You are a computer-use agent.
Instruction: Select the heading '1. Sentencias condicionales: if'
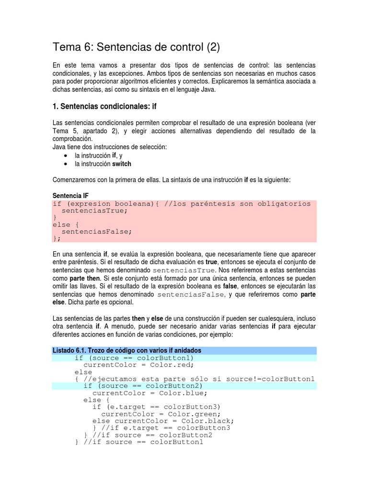(x=104, y=106)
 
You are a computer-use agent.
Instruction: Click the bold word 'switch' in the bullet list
(x=122, y=164)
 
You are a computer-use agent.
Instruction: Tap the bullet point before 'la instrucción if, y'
(x=65, y=156)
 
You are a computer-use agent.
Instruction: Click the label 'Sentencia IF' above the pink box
(x=70, y=196)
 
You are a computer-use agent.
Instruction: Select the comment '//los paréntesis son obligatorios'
(x=237, y=204)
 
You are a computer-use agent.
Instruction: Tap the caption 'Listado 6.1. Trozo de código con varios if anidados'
(x=126, y=351)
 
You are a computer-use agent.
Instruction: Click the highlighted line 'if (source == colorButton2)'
(x=143, y=386)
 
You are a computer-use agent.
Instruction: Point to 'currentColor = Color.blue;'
(x=149, y=393)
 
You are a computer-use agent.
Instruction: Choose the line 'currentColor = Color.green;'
(x=161, y=414)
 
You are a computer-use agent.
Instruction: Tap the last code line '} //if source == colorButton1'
(x=139, y=442)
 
